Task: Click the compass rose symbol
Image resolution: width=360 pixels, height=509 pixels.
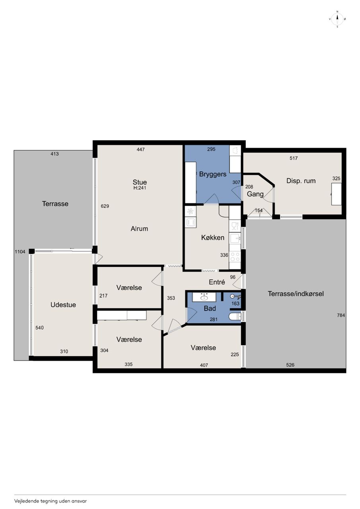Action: [x=337, y=19]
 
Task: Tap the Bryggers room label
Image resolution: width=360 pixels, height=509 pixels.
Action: [x=213, y=174]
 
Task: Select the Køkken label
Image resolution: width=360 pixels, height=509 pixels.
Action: [x=213, y=237]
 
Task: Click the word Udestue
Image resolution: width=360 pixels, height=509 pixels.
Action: [x=63, y=305]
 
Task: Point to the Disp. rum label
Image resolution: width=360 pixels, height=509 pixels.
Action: [x=301, y=181]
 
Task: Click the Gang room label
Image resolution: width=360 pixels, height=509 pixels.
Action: [x=255, y=194]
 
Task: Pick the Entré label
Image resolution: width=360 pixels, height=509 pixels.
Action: [x=217, y=282]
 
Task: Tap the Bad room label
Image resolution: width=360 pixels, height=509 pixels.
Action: [x=210, y=308]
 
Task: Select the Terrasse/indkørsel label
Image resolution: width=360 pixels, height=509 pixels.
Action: [x=296, y=293]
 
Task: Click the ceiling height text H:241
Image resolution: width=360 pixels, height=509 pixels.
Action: [x=140, y=188]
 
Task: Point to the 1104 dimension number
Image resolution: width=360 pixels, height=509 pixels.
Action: [x=20, y=252]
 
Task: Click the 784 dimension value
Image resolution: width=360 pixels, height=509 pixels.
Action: [x=341, y=315]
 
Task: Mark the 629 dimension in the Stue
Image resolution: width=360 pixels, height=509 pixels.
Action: [x=105, y=206]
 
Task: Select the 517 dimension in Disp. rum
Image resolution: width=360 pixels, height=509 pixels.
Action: [x=294, y=158]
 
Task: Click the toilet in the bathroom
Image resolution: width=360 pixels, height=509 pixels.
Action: [x=235, y=316]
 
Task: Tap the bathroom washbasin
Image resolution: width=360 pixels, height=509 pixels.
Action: [x=204, y=297]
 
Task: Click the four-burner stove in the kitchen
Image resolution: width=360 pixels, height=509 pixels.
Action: [x=235, y=256]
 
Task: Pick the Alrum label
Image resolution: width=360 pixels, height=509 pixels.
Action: [x=139, y=229]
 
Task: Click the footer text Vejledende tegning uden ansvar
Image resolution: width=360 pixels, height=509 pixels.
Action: [x=51, y=501]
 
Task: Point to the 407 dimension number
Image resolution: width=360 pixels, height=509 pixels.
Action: [x=204, y=365]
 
